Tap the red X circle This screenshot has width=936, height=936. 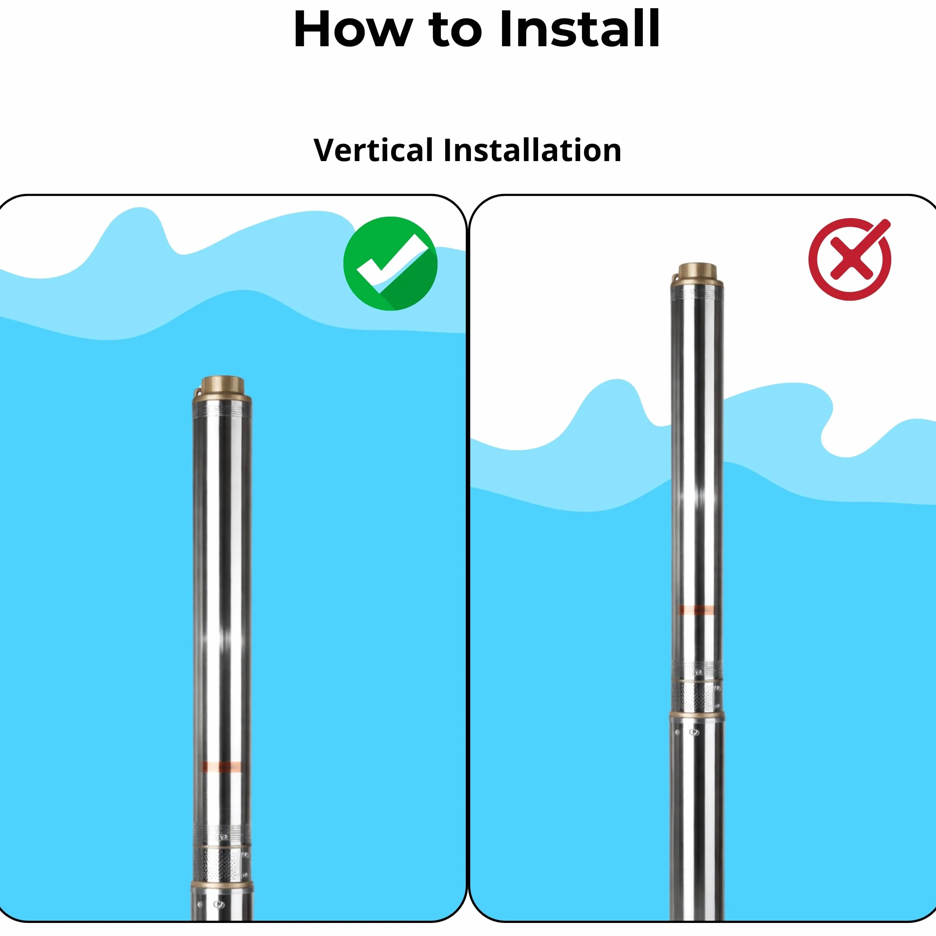pyautogui.click(x=850, y=259)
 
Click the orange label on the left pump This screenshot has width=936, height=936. pyautogui.click(x=222, y=767)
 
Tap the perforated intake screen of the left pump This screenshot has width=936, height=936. pyautogui.click(x=222, y=864)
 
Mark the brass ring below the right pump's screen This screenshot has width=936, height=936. pyautogui.click(x=697, y=715)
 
